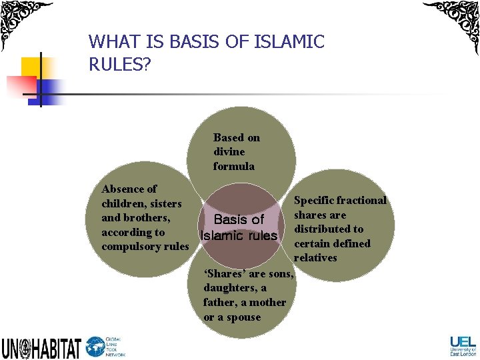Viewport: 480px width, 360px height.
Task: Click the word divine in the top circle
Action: (x=229, y=152)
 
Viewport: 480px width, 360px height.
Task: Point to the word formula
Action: (x=233, y=166)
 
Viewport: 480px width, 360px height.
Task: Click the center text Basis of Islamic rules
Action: (x=239, y=227)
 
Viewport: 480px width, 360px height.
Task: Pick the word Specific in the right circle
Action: (x=314, y=200)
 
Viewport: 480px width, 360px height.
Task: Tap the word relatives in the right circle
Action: (x=315, y=257)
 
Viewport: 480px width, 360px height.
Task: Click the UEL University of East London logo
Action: (x=463, y=345)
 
